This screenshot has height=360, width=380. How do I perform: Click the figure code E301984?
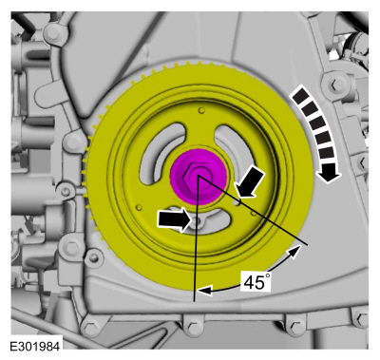click(35, 347)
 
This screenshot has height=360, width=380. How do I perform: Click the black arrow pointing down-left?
click(250, 183)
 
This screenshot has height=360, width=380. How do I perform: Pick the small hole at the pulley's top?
click(200, 110)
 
